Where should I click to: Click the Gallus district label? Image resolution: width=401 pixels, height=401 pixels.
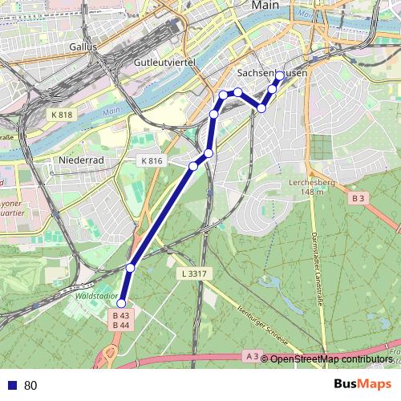pos(83,47)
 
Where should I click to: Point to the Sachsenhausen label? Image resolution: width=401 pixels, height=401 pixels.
pos(273,71)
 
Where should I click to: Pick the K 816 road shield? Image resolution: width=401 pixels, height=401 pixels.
pos(152,161)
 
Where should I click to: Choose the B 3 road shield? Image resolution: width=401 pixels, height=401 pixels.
pos(358,197)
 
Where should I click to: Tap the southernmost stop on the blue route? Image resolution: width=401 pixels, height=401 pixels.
pos(121,303)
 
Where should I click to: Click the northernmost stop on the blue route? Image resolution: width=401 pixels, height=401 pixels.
pos(279,76)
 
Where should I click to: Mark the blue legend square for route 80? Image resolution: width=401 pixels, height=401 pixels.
pos(10,386)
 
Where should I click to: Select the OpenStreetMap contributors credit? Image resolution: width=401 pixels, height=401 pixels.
pos(330,359)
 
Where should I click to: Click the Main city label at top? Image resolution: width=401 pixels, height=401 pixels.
pos(265,5)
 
